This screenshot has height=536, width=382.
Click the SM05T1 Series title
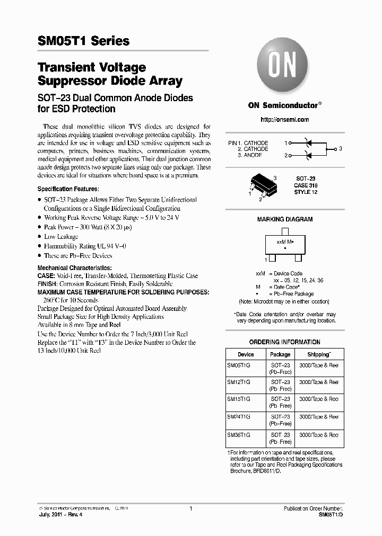coord(83,41)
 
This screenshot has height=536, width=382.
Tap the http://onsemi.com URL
coord(284,120)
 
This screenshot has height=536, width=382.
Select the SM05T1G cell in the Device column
coord(238,365)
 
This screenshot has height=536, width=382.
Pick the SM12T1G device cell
coord(238,382)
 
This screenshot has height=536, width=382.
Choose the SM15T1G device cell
coord(238,399)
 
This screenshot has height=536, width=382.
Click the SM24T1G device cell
coord(238,417)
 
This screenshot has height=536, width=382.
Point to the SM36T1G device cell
coord(238,434)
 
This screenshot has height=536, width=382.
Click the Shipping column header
coord(319,354)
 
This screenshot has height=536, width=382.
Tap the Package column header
coord(280,354)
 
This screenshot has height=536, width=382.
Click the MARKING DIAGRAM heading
coord(284,219)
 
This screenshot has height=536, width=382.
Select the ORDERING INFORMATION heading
coord(284,342)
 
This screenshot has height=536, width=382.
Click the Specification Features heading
coord(68,189)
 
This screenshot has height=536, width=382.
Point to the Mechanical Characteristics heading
coord(74,269)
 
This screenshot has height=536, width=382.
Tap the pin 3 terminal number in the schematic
coord(341,149)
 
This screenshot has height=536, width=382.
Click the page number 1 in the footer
coord(190,508)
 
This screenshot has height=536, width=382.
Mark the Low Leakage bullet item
coord(61,237)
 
